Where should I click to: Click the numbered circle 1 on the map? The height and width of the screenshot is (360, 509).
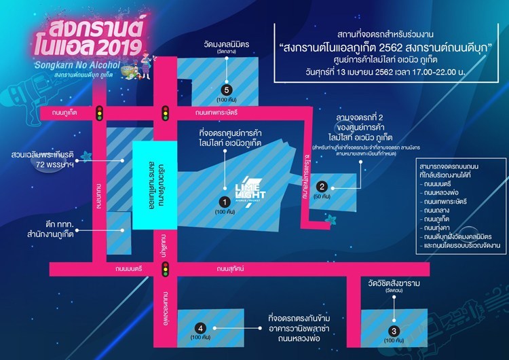point(223,202)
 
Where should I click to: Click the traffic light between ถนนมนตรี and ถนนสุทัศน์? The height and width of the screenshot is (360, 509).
point(164,270)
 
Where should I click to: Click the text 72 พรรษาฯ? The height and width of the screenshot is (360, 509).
point(56,166)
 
